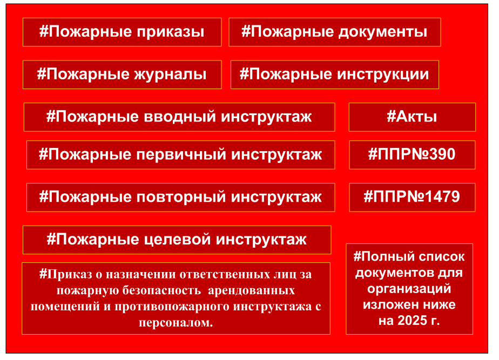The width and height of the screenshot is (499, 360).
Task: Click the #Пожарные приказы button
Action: pyautogui.click(x=122, y=32)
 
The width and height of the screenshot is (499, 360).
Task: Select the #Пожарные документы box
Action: pyautogui.click(x=335, y=32)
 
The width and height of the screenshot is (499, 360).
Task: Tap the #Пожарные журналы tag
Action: pyautogui.click(x=122, y=74)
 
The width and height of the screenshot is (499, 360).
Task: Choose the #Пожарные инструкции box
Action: pyautogui.click(x=335, y=74)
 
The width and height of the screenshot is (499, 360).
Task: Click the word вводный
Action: pyautogui.click(x=180, y=117)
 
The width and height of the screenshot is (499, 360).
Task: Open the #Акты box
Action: pyautogui.click(x=412, y=117)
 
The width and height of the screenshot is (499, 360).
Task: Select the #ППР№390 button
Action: pyautogui.click(x=412, y=155)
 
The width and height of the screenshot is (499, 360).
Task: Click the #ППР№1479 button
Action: pyautogui.click(x=412, y=197)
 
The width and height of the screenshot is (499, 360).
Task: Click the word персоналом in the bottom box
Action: pyautogui.click(x=176, y=323)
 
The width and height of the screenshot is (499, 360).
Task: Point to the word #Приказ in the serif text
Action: pyautogui.click(x=65, y=274)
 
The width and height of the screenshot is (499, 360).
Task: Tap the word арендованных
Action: pyautogui.click(x=252, y=291)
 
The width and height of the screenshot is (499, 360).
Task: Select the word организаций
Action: pyautogui.click(x=409, y=289)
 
